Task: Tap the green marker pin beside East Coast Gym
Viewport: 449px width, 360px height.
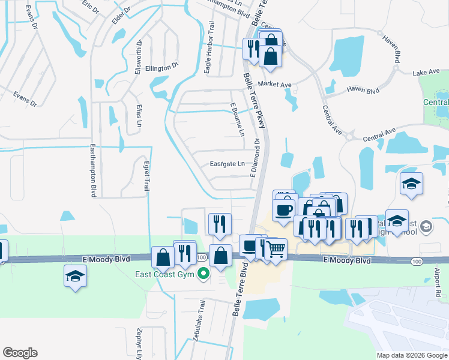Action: click(203, 275)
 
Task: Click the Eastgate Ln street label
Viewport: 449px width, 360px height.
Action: click(227, 164)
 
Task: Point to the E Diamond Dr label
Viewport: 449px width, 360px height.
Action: click(255, 158)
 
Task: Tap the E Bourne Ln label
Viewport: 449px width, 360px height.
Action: click(238, 119)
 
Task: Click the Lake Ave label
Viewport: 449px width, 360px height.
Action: click(426, 73)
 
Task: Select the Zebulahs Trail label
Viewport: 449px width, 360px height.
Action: click(202, 318)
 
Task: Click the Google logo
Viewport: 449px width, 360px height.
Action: click(20, 353)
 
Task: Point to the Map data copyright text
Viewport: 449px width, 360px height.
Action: click(412, 355)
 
